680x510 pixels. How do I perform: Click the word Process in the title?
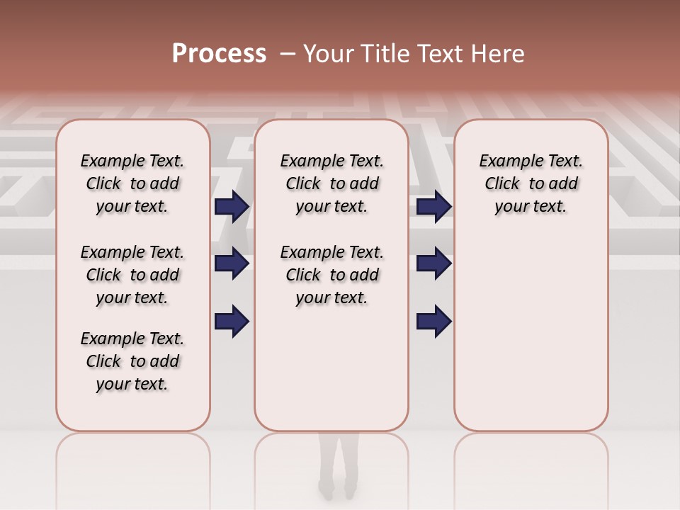point(219,54)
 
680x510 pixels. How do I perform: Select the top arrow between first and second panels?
point(232,207)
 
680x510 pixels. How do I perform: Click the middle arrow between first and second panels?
point(232,263)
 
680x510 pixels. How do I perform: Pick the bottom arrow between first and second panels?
point(232,321)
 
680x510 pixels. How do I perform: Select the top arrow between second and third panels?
point(433,207)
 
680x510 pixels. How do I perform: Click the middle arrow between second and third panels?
point(433,263)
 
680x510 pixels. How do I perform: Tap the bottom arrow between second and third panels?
point(433,321)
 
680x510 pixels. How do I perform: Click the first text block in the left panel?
point(132,183)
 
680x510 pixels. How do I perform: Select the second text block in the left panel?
point(132,275)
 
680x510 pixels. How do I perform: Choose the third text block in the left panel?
point(132,361)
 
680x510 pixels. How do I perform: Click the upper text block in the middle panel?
point(331,183)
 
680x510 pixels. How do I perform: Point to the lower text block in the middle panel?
point(331,275)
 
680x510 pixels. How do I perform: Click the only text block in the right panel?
point(531,183)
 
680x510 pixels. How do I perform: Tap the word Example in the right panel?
point(509,161)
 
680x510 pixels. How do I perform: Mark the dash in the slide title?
point(288,54)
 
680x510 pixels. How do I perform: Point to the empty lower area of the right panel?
point(531,333)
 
